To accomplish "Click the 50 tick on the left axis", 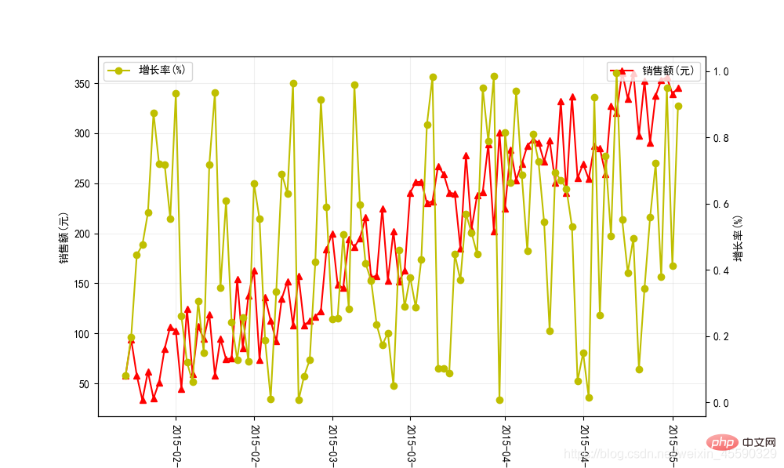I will tap(85, 384).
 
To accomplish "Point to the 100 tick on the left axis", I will tap(82, 334).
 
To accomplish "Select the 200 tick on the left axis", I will tap(82, 234).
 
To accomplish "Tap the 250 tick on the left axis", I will tap(82, 184).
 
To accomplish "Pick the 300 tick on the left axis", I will tap(82, 134).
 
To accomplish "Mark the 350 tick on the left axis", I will tap(82, 84).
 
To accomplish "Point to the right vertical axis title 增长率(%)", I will tap(738, 238).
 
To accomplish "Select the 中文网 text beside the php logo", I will tap(758, 443).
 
